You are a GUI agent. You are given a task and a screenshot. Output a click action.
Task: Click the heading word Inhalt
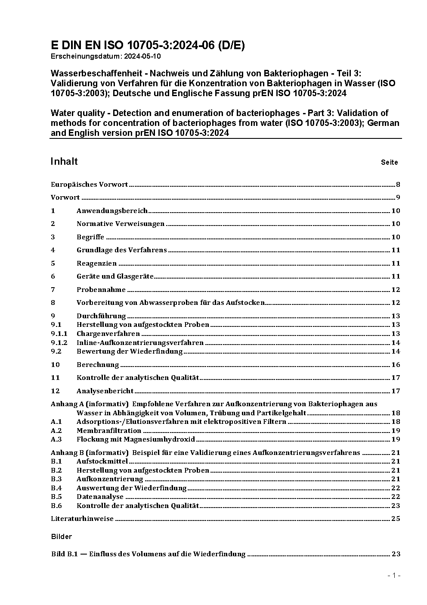[x=64, y=161]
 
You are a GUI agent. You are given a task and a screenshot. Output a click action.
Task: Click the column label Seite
[x=389, y=163]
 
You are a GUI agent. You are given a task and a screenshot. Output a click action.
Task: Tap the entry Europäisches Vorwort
[x=89, y=185]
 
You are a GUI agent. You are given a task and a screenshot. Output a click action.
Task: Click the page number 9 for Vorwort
[x=398, y=197]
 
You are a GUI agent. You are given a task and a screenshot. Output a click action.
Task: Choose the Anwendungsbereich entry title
[x=112, y=211]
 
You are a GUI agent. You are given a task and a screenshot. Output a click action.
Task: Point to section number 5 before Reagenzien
[x=53, y=263]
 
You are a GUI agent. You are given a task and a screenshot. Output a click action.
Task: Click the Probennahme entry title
[x=101, y=289]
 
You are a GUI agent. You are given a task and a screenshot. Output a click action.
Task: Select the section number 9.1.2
[x=59, y=343]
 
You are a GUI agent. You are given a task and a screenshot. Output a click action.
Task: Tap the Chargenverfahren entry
[x=108, y=334]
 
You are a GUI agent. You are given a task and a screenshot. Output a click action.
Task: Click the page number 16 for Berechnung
[x=396, y=365]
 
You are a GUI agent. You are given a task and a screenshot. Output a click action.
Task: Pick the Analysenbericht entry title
[x=105, y=391]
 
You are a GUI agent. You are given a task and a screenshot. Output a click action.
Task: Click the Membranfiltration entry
[x=109, y=431]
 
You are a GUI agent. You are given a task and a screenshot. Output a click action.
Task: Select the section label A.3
[x=56, y=439]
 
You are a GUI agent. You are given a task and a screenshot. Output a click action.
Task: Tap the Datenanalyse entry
[x=100, y=497]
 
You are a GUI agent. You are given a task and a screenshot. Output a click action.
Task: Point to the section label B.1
[x=56, y=461]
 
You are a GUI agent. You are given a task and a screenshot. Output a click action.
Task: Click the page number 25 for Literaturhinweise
[x=396, y=519]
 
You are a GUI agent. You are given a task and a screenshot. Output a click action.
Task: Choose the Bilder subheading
[x=61, y=537]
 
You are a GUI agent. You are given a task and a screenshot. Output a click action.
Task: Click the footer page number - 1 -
[x=394, y=576]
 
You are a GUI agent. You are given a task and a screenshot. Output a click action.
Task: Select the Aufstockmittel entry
[x=102, y=461]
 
